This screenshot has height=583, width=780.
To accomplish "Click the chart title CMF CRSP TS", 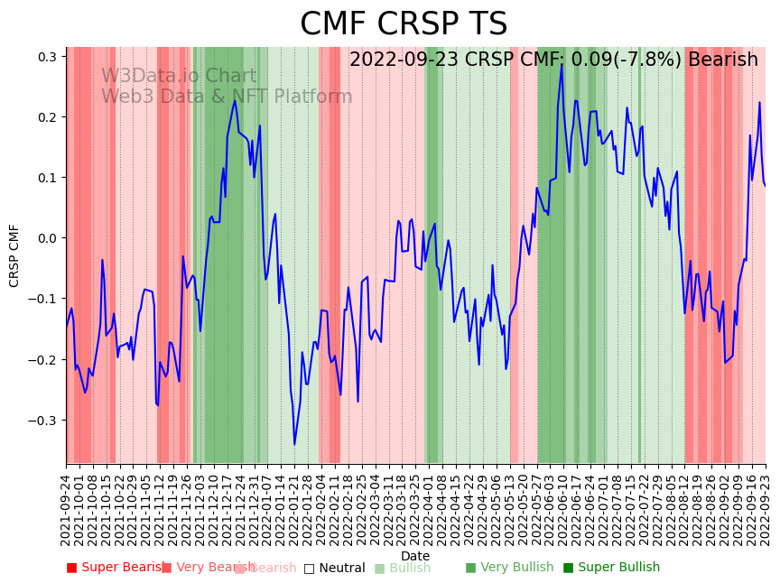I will coord(404,24).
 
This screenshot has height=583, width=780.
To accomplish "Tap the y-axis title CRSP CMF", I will coord(14,255).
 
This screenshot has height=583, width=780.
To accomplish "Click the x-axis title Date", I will coord(415,556).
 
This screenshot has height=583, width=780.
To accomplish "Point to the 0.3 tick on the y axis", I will coord(47,57).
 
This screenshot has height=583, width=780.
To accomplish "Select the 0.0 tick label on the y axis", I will coord(47,238).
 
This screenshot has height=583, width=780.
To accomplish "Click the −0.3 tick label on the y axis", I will coord(43,421).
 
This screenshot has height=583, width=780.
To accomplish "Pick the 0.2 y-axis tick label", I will coord(47,117).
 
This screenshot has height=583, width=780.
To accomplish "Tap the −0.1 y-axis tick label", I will coord(43,299).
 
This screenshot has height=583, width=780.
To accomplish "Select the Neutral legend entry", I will coord(334,569).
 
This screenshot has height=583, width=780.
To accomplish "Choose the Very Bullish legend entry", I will coord(509,568).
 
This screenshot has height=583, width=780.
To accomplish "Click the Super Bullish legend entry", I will coord(611,568).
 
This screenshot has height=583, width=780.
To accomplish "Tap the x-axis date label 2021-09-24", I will coord(66,510).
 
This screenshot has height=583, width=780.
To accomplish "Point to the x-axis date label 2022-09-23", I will coord(766,510).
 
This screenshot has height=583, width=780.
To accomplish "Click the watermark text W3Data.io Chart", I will coord(179,77).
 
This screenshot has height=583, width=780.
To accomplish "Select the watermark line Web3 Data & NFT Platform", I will coord(227,97).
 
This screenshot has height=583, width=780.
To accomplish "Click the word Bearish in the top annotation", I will coord(723,60).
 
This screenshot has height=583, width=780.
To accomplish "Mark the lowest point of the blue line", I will coord(294,444).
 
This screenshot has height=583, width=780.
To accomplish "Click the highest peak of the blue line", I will coord(562,64).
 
